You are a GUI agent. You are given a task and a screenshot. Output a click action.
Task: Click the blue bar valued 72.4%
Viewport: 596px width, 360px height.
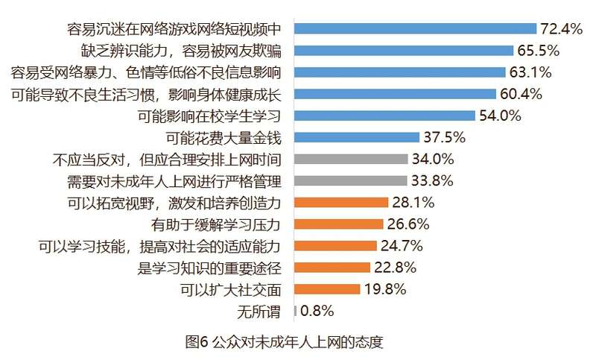click(415, 29)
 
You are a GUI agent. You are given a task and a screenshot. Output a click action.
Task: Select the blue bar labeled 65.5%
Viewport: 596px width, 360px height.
click(404, 51)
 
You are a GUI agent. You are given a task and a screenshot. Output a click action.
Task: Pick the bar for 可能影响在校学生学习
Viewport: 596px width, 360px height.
click(384, 116)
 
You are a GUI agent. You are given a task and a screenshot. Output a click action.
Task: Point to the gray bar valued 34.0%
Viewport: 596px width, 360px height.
click(351, 159)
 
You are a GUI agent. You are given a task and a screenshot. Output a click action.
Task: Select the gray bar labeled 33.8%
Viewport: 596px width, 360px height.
click(351, 180)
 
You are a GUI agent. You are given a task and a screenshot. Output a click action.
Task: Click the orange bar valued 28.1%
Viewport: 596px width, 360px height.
click(341, 202)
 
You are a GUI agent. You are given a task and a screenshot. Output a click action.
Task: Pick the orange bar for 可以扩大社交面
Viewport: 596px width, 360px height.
click(327, 288)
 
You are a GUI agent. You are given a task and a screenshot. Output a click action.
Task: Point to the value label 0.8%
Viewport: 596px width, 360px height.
click(317, 310)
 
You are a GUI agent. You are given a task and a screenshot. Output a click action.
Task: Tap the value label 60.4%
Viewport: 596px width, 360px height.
click(521, 94)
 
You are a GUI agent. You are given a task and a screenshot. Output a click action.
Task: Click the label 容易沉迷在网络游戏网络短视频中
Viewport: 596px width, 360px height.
click(173, 29)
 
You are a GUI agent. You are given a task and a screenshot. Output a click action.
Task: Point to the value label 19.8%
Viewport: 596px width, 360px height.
click(386, 288)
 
